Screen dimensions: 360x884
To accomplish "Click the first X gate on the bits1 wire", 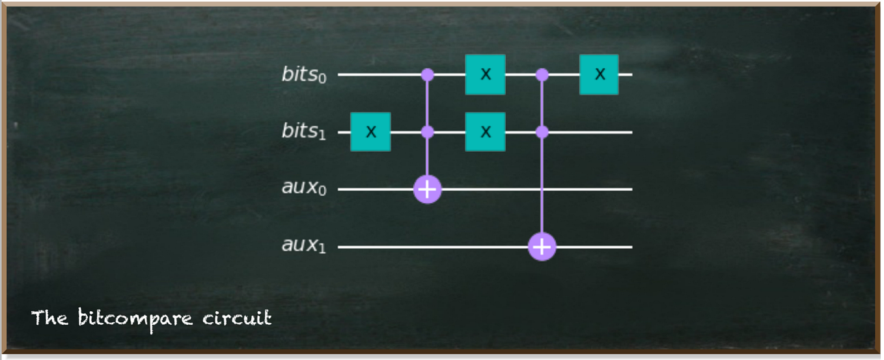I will coord(370,132).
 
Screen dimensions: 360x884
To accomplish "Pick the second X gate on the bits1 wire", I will coord(485,132).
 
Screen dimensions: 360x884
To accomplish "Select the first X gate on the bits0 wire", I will coord(485,75).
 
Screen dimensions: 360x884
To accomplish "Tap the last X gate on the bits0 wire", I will coord(600,75).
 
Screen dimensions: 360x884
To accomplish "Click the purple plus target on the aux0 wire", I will coord(428,189).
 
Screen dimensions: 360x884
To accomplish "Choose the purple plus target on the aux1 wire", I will coord(542,247).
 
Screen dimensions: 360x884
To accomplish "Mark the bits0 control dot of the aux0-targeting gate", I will coord(428,75).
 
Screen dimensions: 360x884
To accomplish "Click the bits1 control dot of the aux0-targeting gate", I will coord(428,132).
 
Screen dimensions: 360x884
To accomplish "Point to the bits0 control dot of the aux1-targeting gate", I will coord(542,75).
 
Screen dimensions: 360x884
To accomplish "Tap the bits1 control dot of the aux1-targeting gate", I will coord(542,132).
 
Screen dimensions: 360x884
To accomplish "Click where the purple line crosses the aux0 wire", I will coord(542,189).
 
